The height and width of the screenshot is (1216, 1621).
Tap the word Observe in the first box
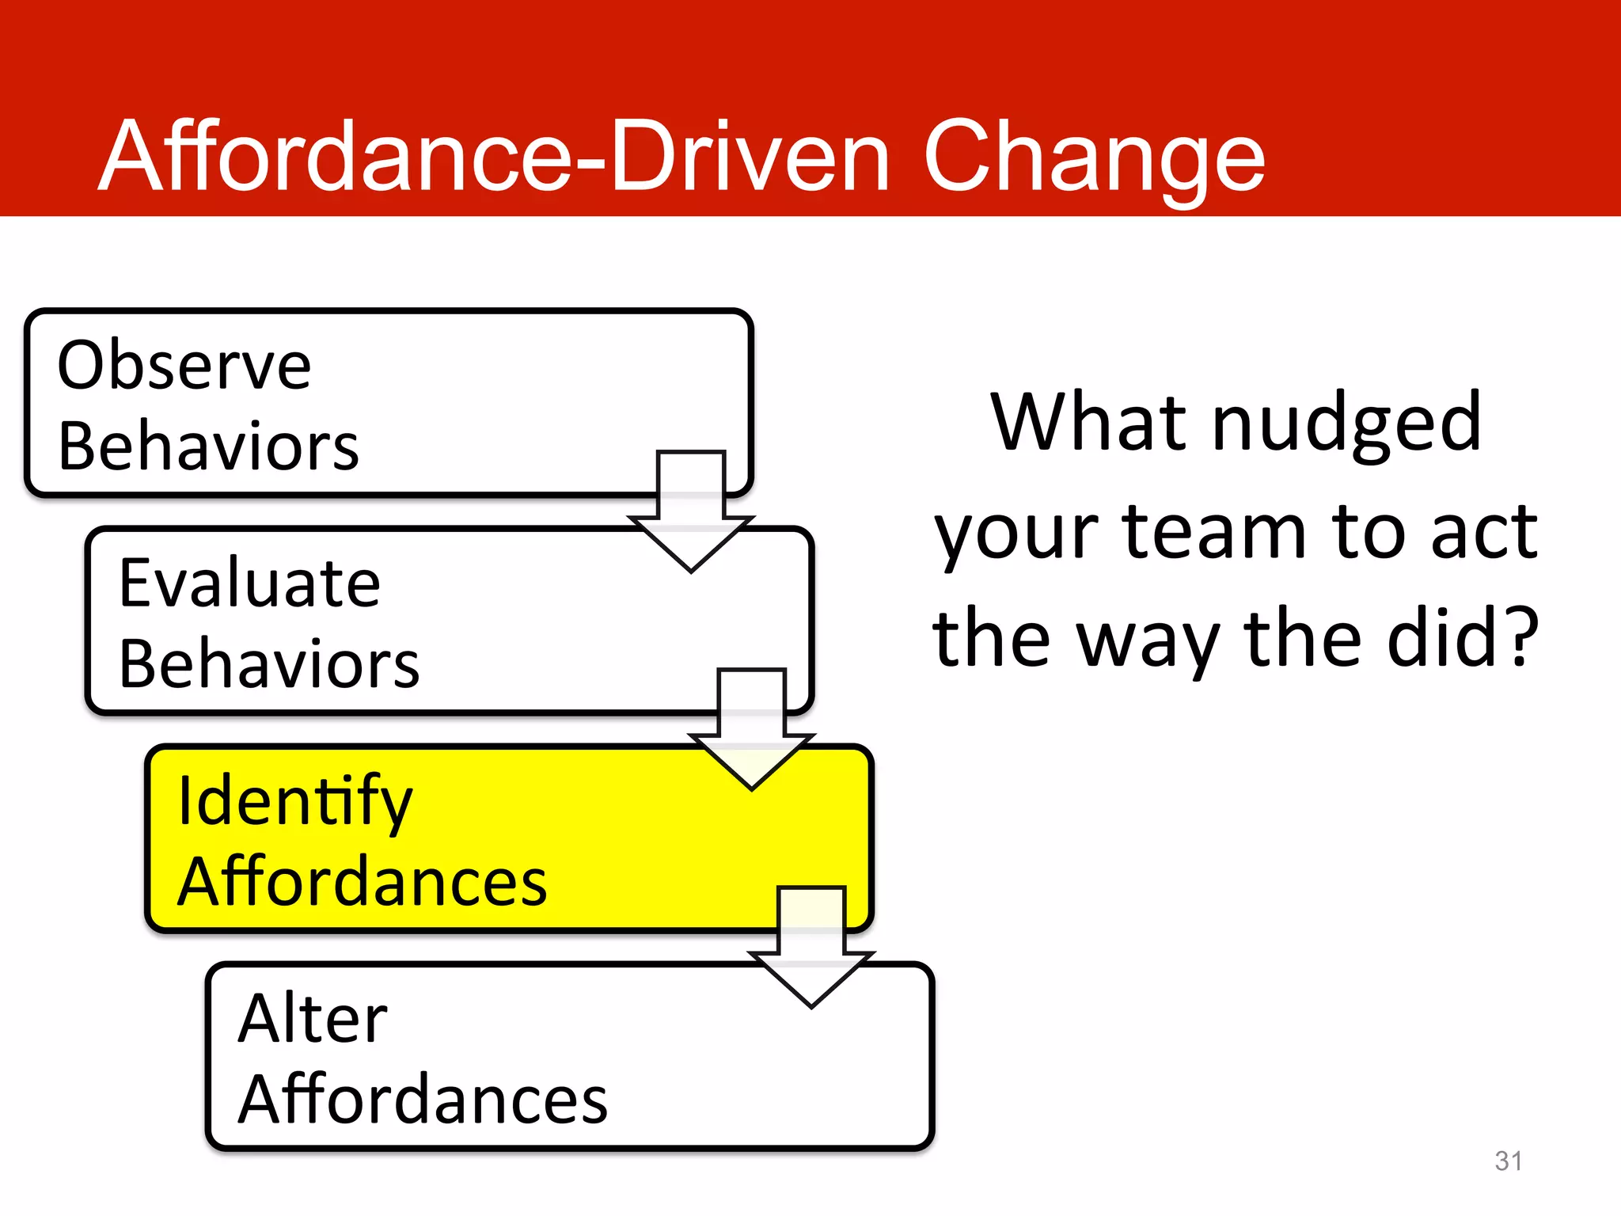[184, 366]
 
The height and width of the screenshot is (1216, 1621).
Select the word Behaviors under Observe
[208, 446]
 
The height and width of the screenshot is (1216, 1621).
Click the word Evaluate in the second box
[249, 583]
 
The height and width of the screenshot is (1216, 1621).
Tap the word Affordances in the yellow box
[362, 881]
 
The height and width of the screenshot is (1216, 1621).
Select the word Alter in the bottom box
[313, 1019]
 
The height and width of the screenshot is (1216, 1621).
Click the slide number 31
[1509, 1161]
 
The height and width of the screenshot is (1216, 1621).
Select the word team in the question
[1214, 532]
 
